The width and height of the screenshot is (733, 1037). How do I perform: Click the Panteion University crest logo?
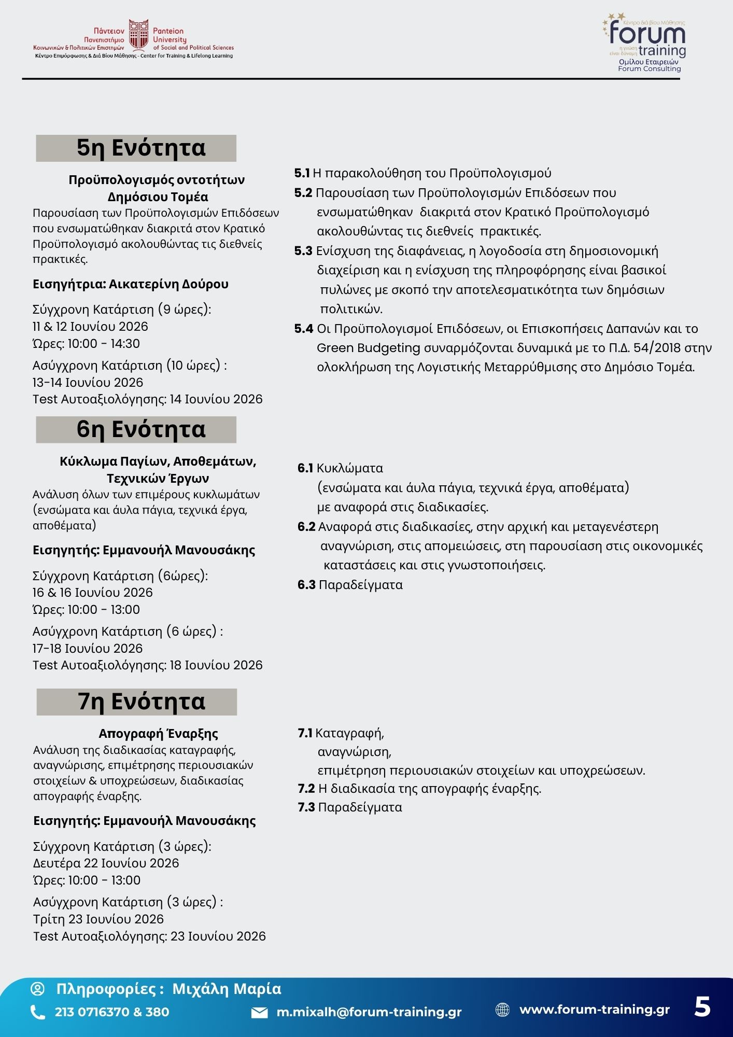coord(138,35)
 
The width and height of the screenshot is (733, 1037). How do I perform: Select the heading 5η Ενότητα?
coord(141,148)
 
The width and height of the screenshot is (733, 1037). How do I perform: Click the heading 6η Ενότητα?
coord(141,429)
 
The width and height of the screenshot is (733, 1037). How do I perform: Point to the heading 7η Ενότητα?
coord(142,702)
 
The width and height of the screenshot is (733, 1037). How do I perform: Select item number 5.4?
coord(304,329)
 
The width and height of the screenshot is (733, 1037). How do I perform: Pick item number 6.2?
coord(306,527)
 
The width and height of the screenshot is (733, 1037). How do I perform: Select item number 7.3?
coord(306,807)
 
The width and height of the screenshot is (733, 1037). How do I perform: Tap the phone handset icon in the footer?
coord(38,1012)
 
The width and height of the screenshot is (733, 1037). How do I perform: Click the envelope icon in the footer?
coord(259,1013)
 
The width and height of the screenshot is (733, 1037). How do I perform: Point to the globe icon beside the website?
coord(502,1010)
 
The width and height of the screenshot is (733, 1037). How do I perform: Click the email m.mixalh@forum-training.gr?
coord(369,1012)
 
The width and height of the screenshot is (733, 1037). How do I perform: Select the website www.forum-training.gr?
coord(595,1010)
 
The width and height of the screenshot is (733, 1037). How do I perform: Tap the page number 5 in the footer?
coord(702,1007)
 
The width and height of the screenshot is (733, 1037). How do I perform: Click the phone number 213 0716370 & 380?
coord(112,1012)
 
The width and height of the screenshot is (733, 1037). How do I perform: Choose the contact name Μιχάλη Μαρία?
coord(227,989)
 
